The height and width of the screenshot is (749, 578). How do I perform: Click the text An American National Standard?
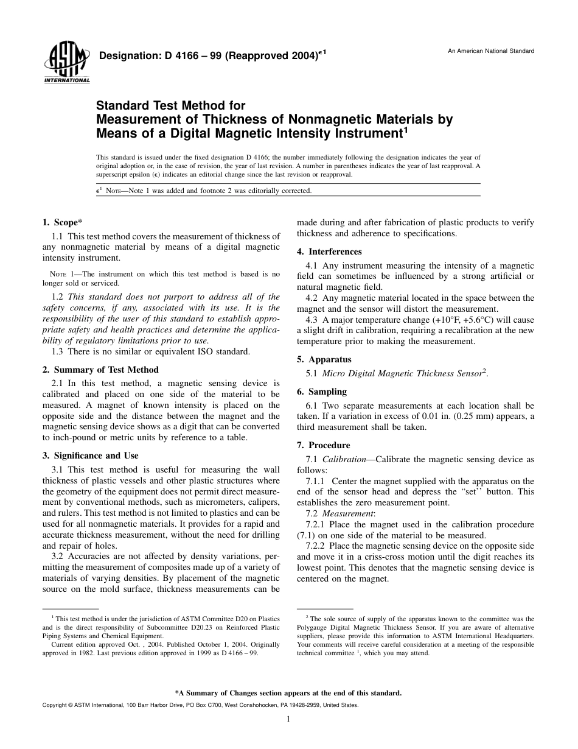click(x=491, y=51)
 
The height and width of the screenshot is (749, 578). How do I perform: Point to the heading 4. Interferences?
click(x=329, y=251)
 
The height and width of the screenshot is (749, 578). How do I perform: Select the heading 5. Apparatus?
click(x=324, y=359)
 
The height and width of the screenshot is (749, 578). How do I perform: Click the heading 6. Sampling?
click(x=322, y=392)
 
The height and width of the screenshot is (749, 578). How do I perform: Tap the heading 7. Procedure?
click(x=323, y=445)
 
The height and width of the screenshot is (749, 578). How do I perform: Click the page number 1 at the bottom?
click(x=288, y=719)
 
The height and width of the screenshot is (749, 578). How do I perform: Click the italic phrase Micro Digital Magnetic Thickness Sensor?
click(x=401, y=373)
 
